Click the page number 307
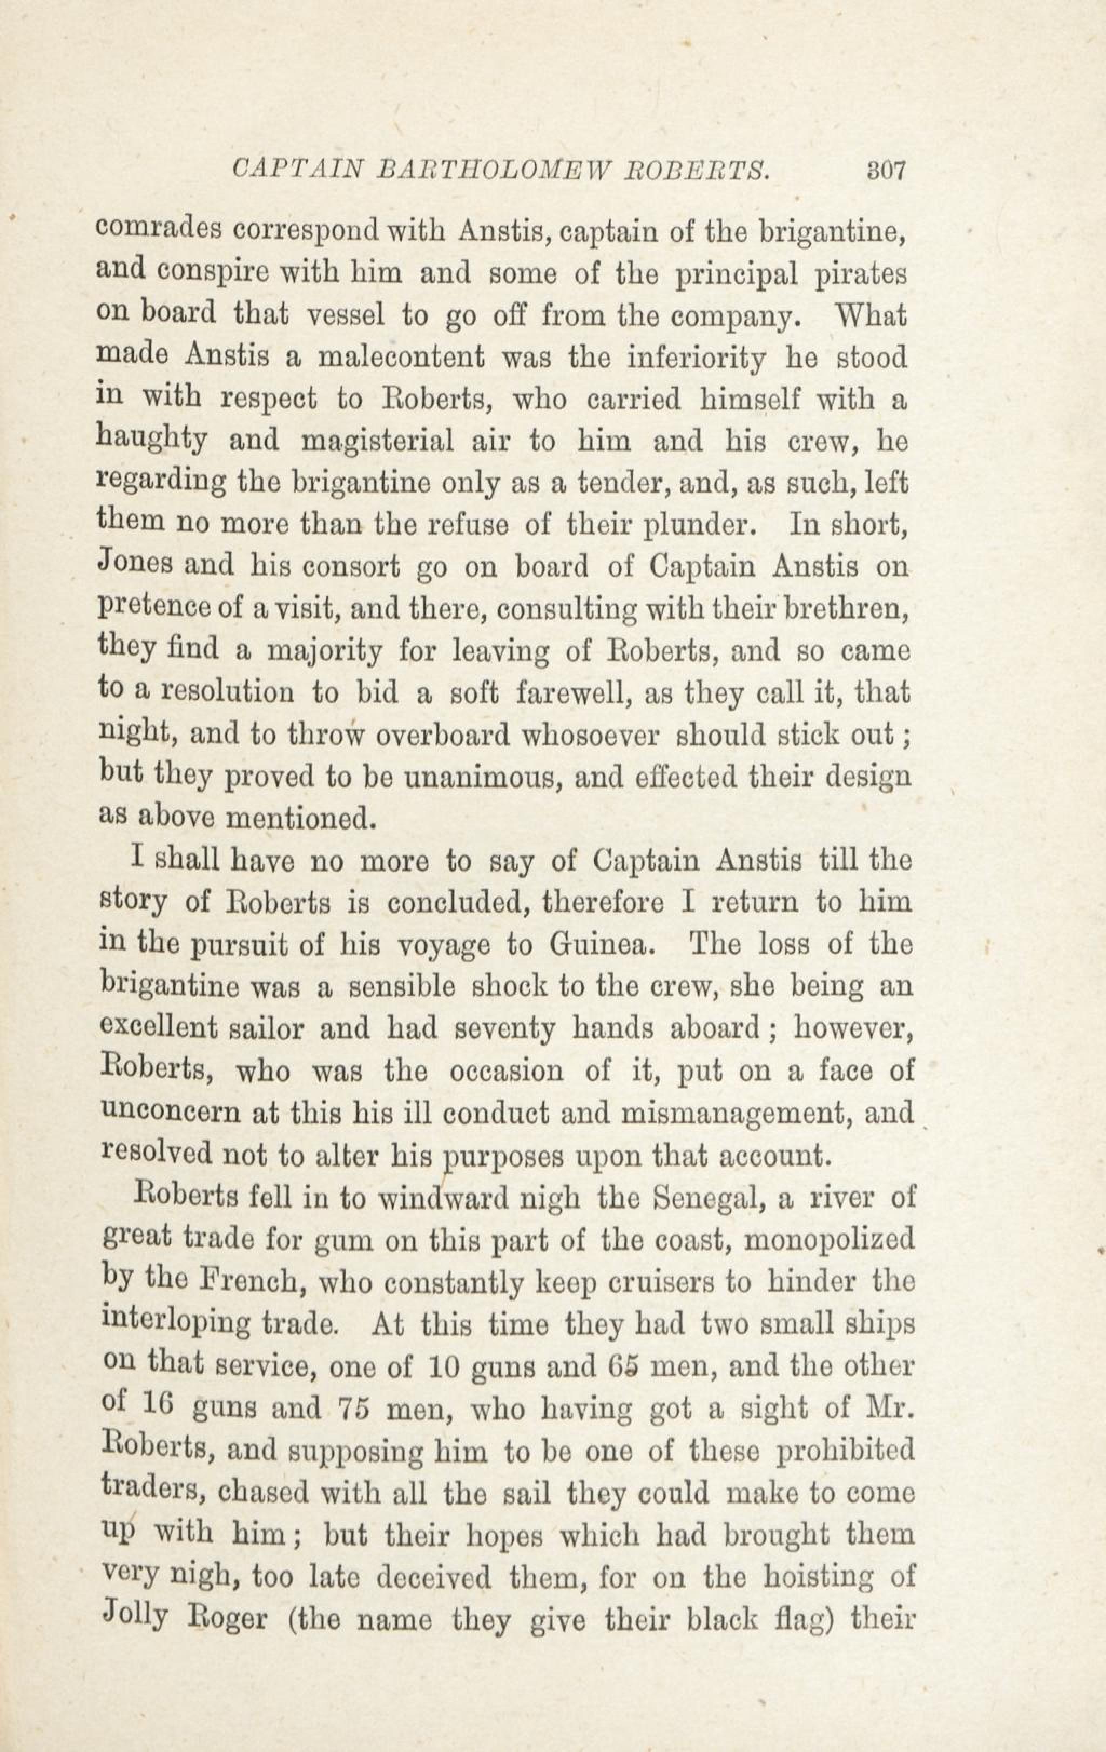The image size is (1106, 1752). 884,172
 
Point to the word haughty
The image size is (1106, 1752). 151,441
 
